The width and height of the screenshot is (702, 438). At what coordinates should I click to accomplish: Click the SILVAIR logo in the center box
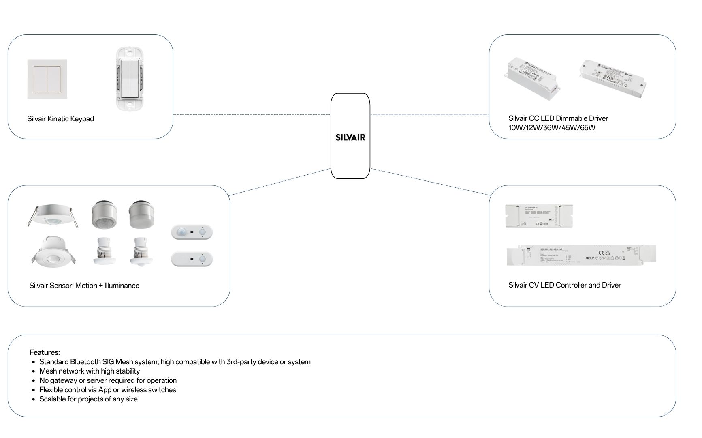tap(350, 137)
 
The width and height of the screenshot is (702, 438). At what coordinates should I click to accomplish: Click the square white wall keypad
tap(47, 79)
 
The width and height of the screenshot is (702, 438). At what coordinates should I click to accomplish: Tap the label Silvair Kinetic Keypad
tap(60, 119)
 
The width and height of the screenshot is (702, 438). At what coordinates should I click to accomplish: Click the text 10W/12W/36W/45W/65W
tap(552, 128)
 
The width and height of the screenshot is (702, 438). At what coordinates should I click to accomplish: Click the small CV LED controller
tap(539, 216)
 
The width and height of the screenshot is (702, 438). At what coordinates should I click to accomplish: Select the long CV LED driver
tap(581, 255)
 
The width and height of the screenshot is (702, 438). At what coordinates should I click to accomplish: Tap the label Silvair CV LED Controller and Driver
tap(564, 285)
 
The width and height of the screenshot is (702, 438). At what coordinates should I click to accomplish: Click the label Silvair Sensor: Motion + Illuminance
tap(84, 286)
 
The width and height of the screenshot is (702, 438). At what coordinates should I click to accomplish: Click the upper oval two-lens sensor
tap(192, 232)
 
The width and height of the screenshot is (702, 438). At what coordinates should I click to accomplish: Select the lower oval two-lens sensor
tap(192, 259)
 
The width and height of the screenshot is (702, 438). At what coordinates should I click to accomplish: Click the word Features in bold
tap(44, 352)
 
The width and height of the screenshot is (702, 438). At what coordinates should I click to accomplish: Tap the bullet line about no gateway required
tap(108, 380)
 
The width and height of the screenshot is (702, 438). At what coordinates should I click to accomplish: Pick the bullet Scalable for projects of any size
tap(88, 399)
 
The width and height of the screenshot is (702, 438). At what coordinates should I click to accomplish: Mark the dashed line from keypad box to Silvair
tap(251, 114)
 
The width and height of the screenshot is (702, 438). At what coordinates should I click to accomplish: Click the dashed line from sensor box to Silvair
tap(280, 182)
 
